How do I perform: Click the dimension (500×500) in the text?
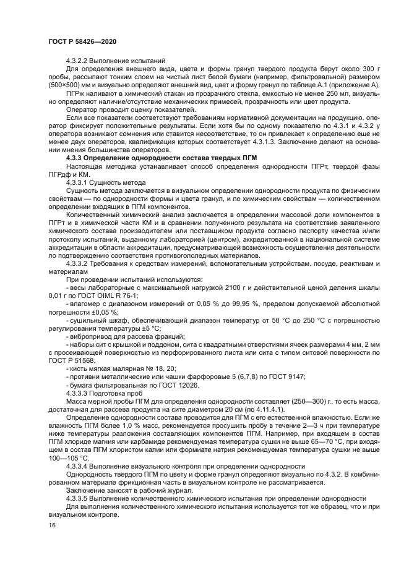pos(66,85)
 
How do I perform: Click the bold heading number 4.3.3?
pos(75,158)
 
